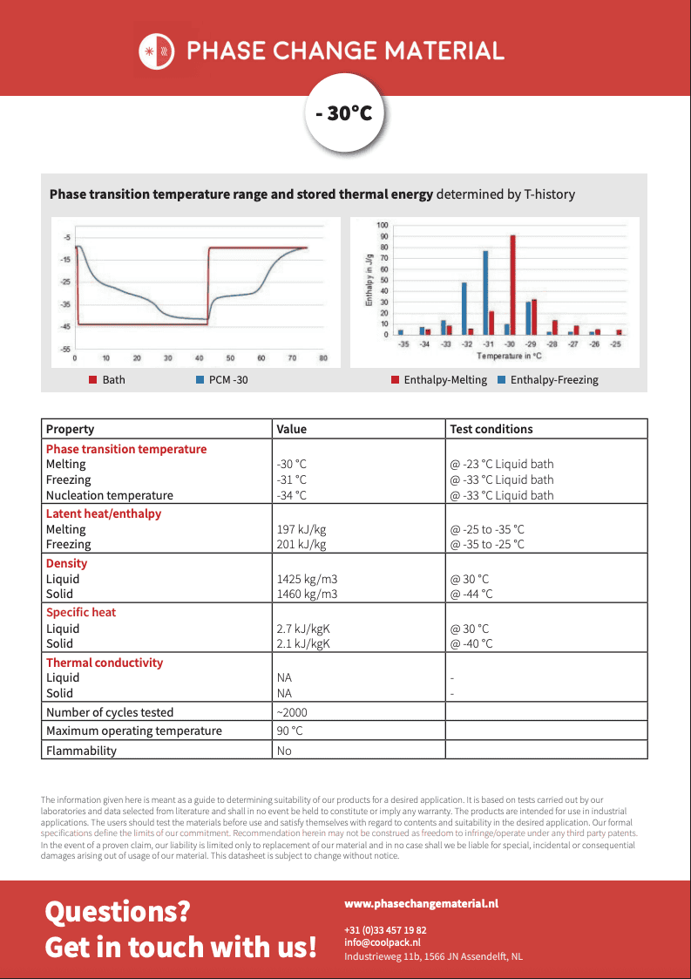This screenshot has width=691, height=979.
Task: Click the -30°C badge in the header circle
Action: pos(345,112)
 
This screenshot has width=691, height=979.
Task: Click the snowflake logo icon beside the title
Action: pos(156,51)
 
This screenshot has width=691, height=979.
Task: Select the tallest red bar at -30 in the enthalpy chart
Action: pos(513,285)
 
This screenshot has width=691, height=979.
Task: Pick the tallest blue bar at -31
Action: pos(485,293)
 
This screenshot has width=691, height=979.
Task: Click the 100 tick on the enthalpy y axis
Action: pos(383,225)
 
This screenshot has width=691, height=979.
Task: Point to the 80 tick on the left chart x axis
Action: pos(323,358)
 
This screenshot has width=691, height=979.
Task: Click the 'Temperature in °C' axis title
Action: pos(510,357)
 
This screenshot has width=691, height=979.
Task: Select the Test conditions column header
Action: pos(491,429)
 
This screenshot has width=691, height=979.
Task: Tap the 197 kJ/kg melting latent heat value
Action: pos(301,529)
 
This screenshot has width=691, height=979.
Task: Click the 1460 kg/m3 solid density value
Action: pos(307,595)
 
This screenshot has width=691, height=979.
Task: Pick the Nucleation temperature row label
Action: pos(109,495)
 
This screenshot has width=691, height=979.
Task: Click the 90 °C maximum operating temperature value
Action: pos(289,731)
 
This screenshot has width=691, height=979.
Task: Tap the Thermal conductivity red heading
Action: pos(105,663)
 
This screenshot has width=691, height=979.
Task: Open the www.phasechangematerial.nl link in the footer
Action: pos(421,904)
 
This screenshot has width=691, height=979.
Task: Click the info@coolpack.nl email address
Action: pos(382,942)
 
